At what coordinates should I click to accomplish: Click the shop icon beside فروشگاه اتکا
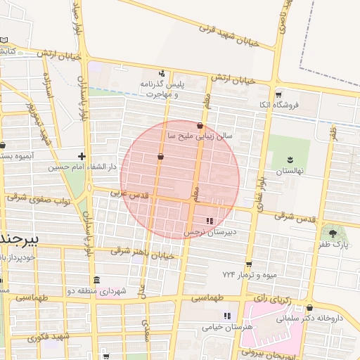279,94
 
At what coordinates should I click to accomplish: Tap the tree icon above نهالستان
291,160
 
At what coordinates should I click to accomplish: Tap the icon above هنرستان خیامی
226,316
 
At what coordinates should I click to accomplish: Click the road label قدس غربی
128,193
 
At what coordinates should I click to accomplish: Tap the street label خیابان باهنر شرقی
140,253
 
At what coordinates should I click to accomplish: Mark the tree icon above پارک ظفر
331,231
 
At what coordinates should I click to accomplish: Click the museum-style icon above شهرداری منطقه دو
96,280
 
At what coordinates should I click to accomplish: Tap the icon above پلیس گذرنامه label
162,72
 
